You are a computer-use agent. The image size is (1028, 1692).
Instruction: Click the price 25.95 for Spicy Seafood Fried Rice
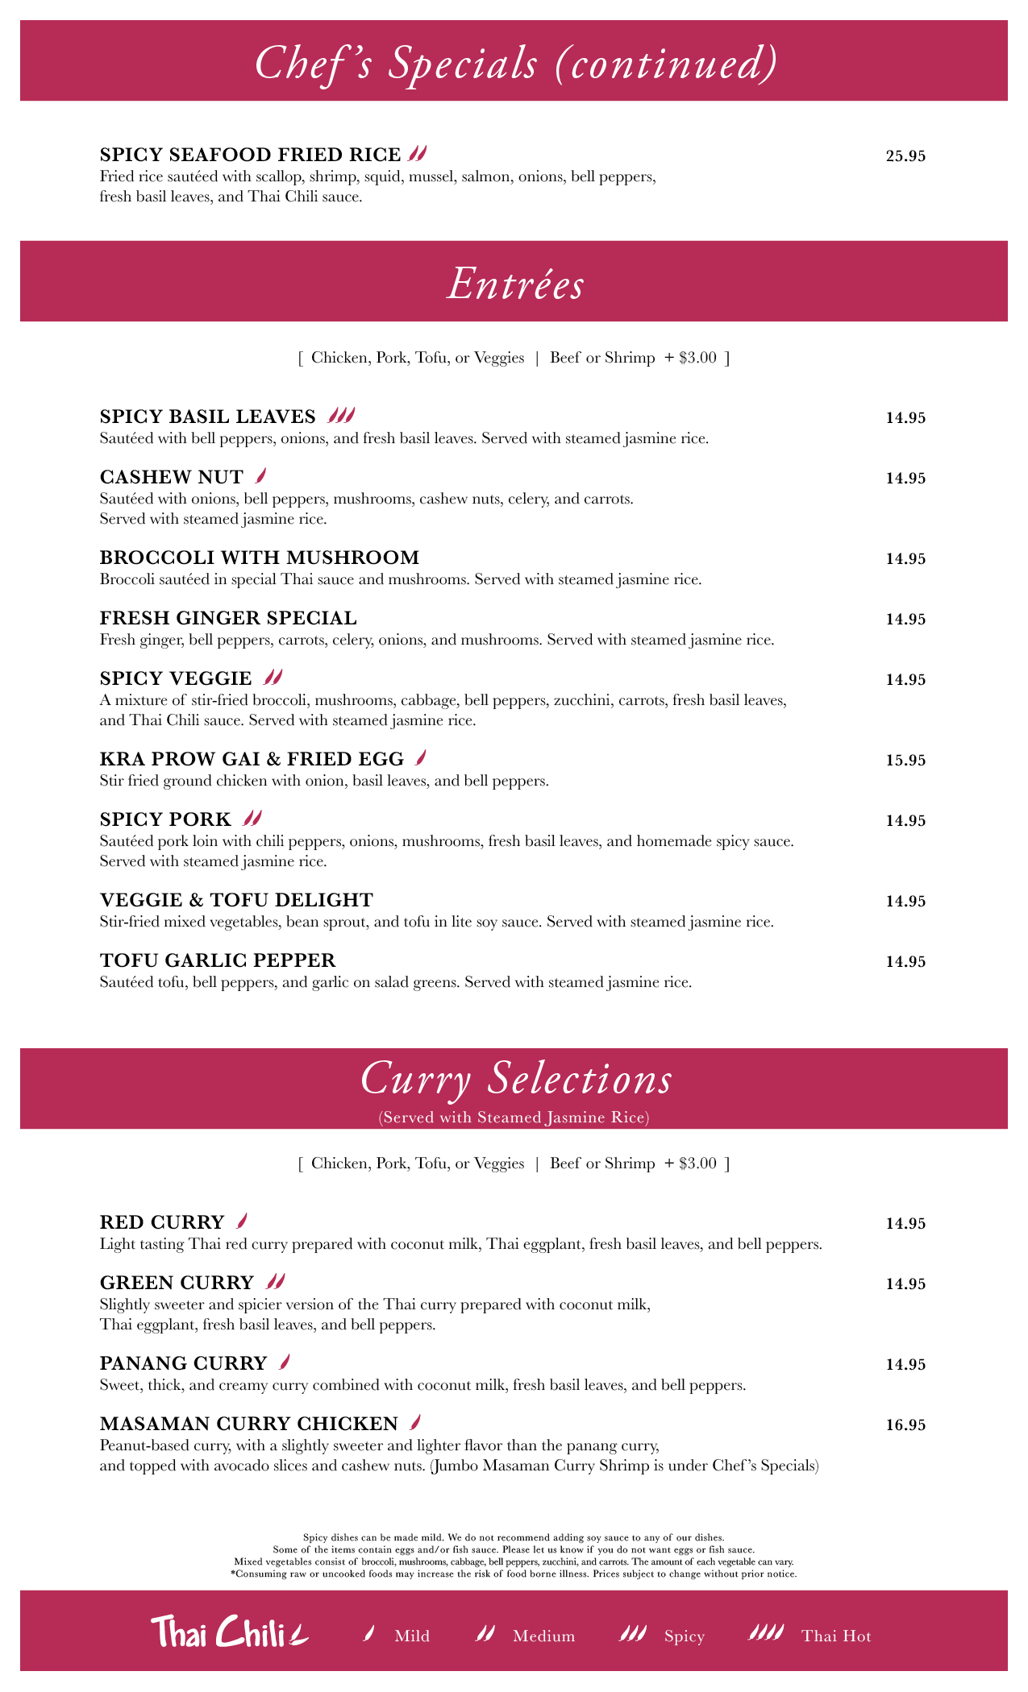tap(905, 156)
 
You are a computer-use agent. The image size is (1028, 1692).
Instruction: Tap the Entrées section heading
tap(514, 284)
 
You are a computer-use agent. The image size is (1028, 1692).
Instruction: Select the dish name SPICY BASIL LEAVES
tap(208, 417)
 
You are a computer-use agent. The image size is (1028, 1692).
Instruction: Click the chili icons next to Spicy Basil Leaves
tap(341, 416)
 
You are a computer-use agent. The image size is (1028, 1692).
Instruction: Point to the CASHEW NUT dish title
tap(171, 478)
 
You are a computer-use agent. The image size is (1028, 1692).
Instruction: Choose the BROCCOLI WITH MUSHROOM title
tap(260, 558)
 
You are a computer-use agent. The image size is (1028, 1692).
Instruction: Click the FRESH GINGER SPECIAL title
tap(228, 618)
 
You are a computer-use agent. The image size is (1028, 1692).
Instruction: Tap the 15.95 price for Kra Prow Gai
tap(905, 761)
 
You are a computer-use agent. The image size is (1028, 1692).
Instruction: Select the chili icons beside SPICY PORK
tap(252, 819)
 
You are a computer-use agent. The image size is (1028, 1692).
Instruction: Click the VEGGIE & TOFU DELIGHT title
tap(236, 900)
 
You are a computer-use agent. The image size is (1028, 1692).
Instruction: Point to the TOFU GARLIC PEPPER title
tap(218, 960)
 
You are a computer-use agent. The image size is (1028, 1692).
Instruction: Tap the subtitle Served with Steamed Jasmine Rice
tap(514, 1118)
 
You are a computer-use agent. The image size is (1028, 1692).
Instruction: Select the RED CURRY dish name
tap(162, 1222)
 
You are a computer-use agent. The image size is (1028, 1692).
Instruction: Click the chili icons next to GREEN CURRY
tap(274, 1282)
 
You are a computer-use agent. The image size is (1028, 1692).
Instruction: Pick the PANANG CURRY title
tap(183, 1363)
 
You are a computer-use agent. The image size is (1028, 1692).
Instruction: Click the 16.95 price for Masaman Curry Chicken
tap(905, 1425)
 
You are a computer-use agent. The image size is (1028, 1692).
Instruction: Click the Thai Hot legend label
tap(836, 1636)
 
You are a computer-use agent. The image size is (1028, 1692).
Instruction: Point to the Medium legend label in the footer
tap(543, 1636)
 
